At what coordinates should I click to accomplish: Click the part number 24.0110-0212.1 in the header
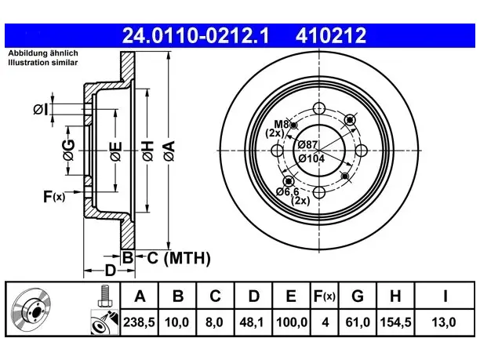point(195,35)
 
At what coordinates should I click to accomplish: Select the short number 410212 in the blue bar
point(331,35)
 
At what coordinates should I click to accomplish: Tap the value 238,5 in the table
point(139,322)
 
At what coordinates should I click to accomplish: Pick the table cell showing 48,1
point(252,322)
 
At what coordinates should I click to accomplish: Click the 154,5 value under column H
point(395,322)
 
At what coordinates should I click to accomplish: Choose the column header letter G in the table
point(358,296)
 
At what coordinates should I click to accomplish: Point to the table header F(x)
point(325,296)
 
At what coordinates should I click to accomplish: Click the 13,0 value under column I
point(444,322)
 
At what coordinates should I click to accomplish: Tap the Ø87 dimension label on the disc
point(307,144)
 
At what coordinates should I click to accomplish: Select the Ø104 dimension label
point(311,158)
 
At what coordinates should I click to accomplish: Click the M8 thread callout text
point(281,124)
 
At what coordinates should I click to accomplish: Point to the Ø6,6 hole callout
point(287,192)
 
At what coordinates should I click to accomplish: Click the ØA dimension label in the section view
point(169,151)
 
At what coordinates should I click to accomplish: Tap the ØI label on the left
point(41,109)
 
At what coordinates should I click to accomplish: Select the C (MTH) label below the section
point(179,258)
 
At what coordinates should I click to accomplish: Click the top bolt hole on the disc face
point(319,108)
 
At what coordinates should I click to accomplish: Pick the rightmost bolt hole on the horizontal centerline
point(362,151)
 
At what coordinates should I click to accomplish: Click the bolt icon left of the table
point(105,296)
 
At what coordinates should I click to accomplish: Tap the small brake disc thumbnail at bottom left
point(31,309)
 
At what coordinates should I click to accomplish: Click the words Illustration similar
point(43,63)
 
